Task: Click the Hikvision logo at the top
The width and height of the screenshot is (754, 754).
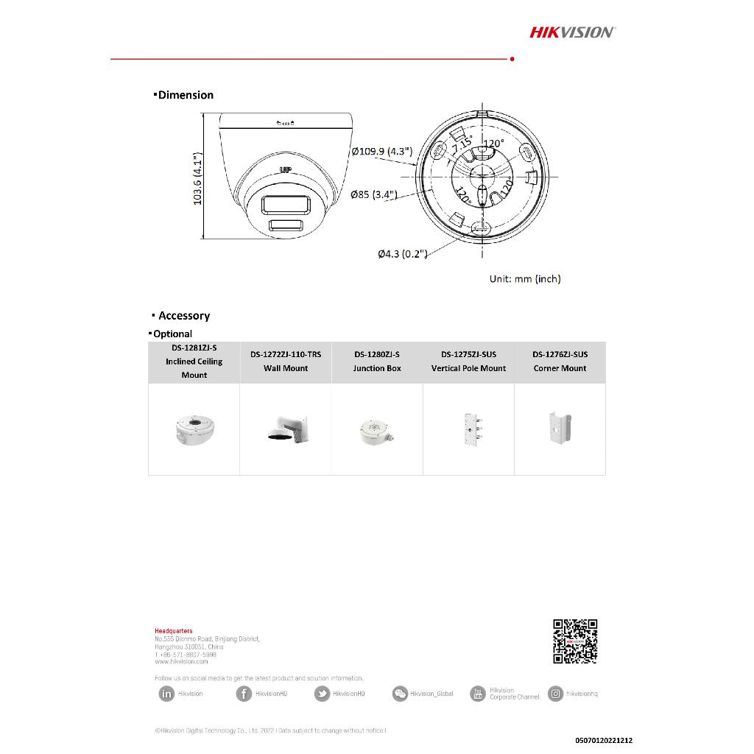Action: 572,32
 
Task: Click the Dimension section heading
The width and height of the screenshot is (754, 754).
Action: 185,95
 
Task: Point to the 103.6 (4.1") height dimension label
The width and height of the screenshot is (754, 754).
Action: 197,180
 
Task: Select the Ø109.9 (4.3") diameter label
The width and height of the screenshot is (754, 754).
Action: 382,152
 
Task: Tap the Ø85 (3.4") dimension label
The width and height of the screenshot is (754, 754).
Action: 374,194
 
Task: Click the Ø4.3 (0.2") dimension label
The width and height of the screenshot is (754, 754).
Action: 402,254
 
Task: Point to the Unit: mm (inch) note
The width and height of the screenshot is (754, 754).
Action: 525,279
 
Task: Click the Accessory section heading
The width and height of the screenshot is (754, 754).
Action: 183,316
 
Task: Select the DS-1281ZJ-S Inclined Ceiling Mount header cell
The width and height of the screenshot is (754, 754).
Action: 194,362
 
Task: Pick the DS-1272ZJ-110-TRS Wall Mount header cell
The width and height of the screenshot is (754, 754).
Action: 286,362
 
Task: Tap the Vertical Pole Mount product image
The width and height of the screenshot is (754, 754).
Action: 468,429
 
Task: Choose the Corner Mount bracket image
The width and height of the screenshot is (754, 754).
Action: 559,429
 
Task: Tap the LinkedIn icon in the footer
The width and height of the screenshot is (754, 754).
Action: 166,694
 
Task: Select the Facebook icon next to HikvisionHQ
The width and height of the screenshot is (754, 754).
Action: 244,694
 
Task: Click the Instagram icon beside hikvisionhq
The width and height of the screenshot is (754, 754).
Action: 556,694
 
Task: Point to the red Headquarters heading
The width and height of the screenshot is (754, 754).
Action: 174,631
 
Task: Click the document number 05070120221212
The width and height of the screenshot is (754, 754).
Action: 604,740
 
